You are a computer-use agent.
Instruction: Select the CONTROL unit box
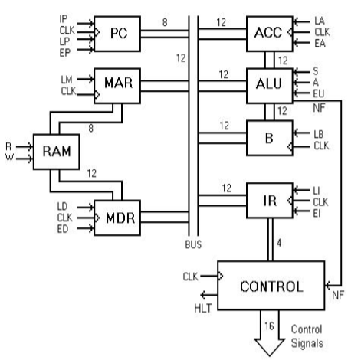(274, 287)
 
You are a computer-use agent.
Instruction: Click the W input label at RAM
(8, 159)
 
